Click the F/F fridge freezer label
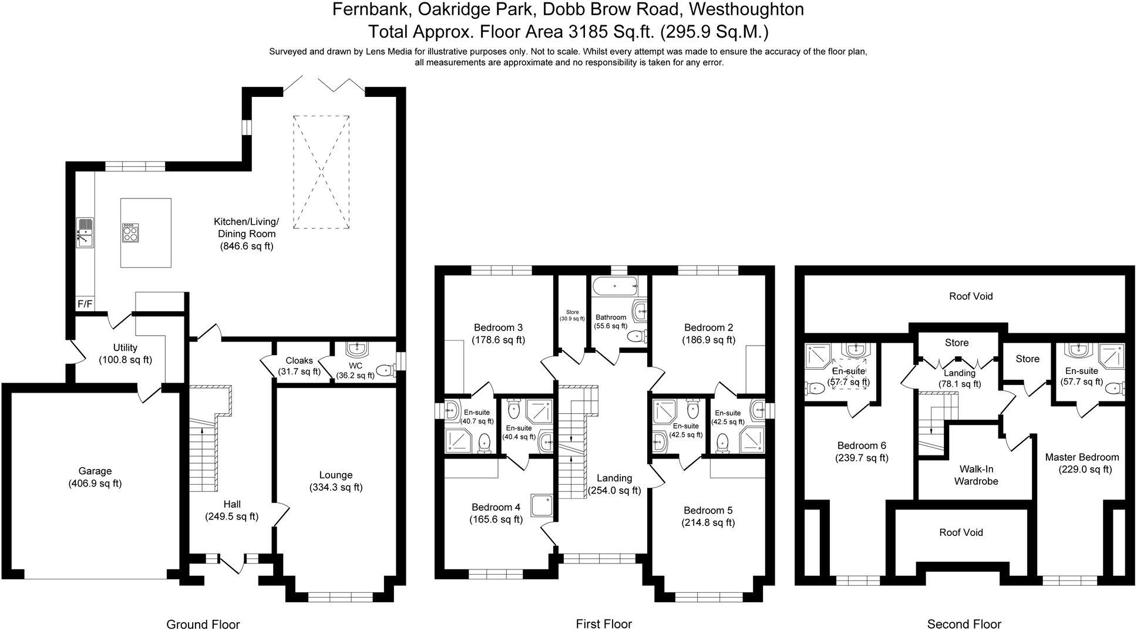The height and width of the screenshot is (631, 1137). [85, 304]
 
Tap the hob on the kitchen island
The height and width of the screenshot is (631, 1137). [130, 233]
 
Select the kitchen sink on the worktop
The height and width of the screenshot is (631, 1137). [85, 232]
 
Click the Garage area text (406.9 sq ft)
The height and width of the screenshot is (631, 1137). [95, 484]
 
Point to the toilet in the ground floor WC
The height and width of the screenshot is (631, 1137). [385, 370]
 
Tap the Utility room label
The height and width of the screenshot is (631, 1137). [125, 347]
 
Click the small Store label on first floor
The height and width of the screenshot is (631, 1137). [572, 312]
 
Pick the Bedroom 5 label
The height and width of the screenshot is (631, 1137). [708, 510]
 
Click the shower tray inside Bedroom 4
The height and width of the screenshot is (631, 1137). [541, 505]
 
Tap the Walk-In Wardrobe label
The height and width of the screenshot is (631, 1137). [975, 475]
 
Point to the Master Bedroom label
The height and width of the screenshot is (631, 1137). [1082, 457]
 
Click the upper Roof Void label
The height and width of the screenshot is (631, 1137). [971, 296]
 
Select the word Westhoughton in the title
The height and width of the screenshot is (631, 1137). [746, 9]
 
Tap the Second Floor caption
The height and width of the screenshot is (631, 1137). [964, 624]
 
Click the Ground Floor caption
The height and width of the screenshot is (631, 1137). [203, 624]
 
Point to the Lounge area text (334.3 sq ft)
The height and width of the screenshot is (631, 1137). [335, 487]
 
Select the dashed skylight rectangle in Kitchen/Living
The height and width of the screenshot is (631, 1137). [321, 171]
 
